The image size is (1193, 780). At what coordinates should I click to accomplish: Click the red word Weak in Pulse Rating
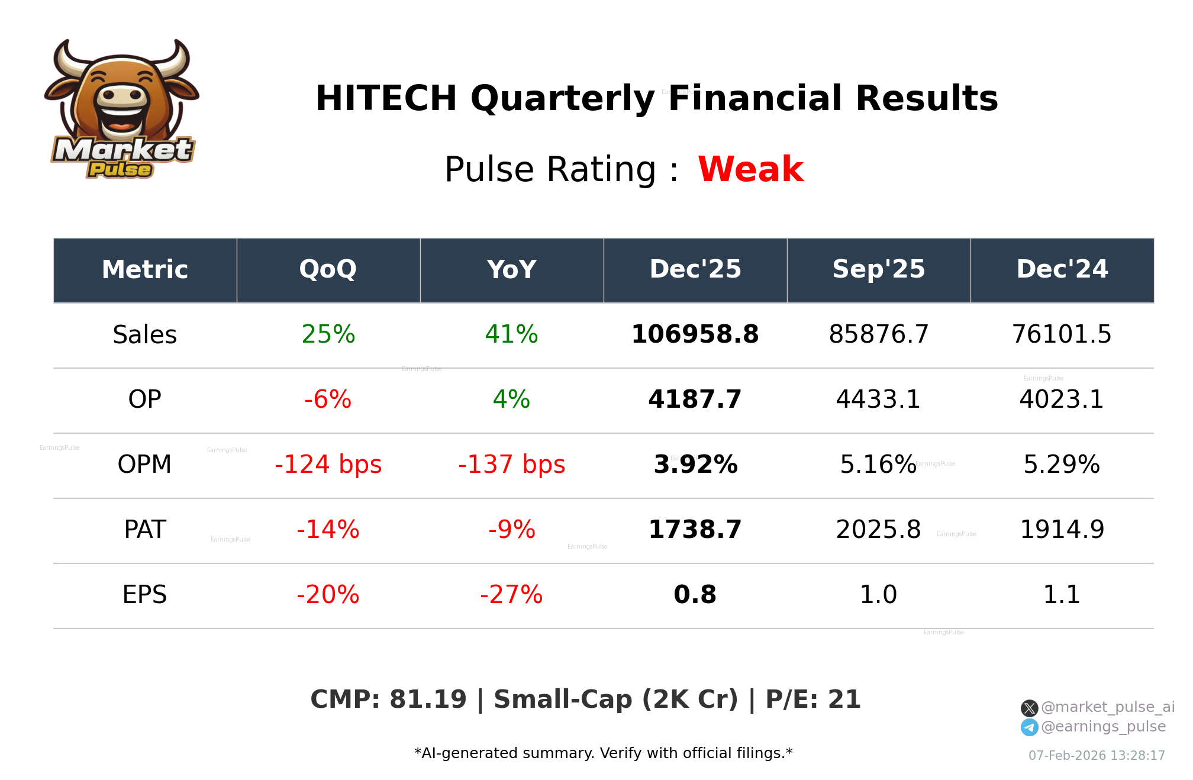pos(750,169)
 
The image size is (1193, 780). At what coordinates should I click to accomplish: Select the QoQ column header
pos(328,270)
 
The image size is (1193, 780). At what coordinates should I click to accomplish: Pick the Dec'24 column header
pos(1062,270)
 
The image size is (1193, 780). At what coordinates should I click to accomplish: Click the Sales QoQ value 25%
pos(328,335)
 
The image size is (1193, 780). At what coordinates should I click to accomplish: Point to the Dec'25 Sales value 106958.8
pos(695,335)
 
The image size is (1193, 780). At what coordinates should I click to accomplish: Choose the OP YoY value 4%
pos(511,400)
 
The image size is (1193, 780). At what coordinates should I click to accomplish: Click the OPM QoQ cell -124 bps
pos(328,465)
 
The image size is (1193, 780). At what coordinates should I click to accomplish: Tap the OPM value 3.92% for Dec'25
pos(695,465)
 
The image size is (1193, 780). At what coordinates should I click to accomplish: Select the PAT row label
pos(145,530)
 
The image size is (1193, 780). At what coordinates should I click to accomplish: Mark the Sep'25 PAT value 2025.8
pos(878,530)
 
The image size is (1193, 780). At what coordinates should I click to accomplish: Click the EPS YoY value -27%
pos(511,595)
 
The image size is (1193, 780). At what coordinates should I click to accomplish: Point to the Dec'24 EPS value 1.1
pos(1062,595)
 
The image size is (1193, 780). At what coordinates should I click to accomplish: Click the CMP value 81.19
pos(428,700)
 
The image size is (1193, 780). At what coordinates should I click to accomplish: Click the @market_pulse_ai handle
pos(1107,707)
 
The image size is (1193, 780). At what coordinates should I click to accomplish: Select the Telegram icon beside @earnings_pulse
pos(1029,727)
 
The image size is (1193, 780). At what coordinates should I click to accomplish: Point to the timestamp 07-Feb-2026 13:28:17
pos(1096,756)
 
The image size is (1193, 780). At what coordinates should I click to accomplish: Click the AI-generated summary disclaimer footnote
pos(603,753)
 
